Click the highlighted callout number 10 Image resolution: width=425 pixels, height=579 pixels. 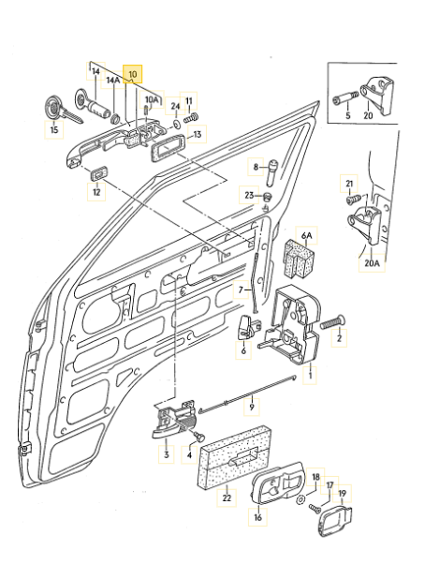click(x=132, y=72)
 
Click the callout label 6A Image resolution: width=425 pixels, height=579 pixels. click(x=305, y=233)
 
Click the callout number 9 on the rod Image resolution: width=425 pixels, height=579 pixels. click(x=251, y=408)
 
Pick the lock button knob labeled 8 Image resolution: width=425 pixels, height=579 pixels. click(x=270, y=169)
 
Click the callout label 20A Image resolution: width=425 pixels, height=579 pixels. click(x=372, y=264)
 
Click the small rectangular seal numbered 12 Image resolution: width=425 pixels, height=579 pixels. click(x=96, y=173)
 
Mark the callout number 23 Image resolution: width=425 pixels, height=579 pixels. click(x=249, y=195)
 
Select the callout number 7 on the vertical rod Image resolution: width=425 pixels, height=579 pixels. click(x=240, y=289)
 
